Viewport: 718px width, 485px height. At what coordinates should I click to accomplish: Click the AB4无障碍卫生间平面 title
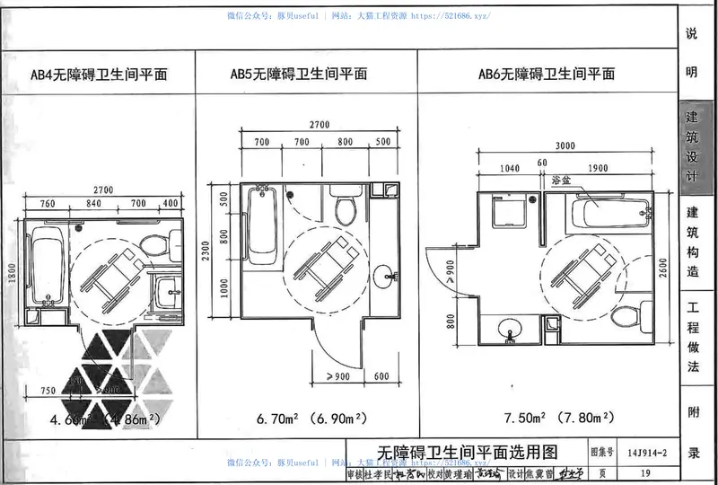click(x=98, y=75)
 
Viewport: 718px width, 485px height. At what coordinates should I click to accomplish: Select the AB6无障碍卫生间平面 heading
click(x=545, y=75)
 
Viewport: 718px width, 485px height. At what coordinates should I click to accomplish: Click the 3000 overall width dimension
click(x=566, y=146)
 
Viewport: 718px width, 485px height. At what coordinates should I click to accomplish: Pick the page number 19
click(x=645, y=472)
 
